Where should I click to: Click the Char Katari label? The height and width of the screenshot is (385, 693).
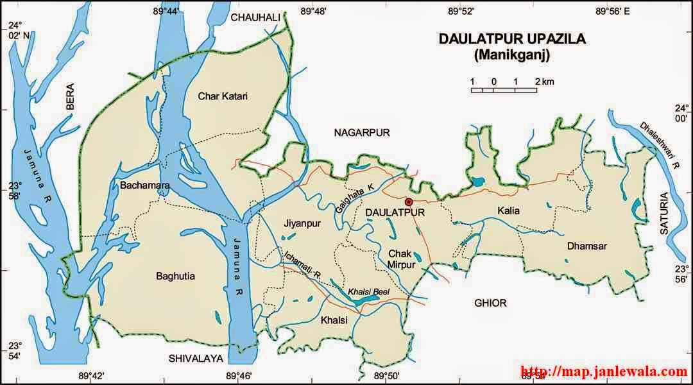pos(222,96)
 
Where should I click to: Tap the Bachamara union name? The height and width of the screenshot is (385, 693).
pos(144,185)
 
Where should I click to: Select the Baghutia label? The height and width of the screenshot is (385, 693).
pos(175,277)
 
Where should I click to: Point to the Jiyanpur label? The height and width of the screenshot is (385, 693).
pos(300,223)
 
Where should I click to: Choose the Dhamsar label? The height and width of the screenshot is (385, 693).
pos(586,245)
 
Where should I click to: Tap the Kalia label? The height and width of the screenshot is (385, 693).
pos(508,210)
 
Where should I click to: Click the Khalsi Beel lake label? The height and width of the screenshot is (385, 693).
pos(368,291)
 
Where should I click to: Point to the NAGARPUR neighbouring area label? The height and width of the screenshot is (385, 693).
pos(362,132)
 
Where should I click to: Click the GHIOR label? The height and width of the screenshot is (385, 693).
pos(490,303)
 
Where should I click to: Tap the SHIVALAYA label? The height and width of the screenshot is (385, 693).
pos(194,357)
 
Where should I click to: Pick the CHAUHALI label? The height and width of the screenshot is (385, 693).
pos(256,17)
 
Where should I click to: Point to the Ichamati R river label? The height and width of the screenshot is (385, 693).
pos(302,266)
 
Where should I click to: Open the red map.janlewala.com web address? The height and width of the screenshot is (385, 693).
pos(603,372)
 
